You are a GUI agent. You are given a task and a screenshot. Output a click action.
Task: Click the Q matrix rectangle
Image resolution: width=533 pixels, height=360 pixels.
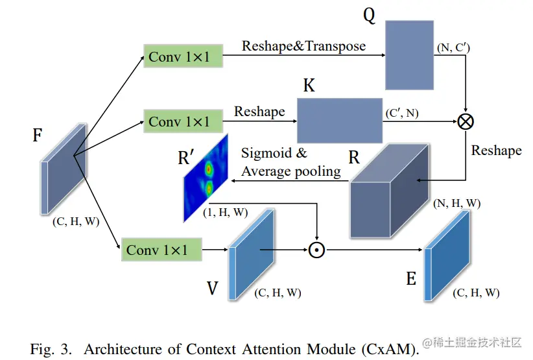(409, 54)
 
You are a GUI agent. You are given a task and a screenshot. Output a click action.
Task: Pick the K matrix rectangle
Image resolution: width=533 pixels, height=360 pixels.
(338, 120)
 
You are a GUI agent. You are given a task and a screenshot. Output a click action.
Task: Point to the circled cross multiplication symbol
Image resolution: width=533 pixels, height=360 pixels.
(466, 121)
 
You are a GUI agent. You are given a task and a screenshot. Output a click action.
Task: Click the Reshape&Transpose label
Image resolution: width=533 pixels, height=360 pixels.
(303, 46)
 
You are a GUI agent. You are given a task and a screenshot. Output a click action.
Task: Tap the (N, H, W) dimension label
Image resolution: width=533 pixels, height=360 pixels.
(456, 203)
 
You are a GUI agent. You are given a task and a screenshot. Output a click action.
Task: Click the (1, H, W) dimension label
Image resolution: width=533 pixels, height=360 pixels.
(225, 212)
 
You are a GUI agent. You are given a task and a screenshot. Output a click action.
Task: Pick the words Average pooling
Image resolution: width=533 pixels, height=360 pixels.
(291, 171)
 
